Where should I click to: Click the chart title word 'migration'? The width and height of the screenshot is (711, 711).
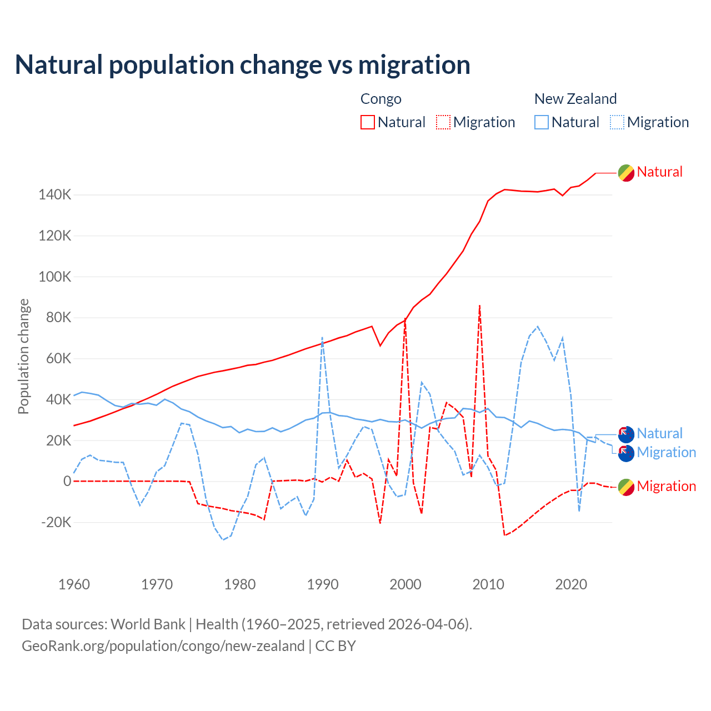pyautogui.click(x=414, y=65)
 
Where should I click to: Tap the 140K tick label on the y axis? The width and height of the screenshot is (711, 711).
pyautogui.click(x=55, y=195)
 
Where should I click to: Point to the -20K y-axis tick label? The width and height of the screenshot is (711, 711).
pyautogui.click(x=56, y=522)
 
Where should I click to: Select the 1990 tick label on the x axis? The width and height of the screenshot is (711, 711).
pyautogui.click(x=323, y=584)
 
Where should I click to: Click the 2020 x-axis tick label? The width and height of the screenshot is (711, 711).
pyautogui.click(x=571, y=584)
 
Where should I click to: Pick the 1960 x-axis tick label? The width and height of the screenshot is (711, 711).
pyautogui.click(x=74, y=584)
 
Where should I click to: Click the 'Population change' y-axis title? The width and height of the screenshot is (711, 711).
pyautogui.click(x=23, y=356)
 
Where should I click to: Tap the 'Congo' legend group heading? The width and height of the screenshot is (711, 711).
pyautogui.click(x=380, y=99)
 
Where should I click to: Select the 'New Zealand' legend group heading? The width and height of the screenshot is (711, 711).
pyautogui.click(x=575, y=99)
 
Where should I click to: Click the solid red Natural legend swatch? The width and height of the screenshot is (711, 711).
pyautogui.click(x=368, y=122)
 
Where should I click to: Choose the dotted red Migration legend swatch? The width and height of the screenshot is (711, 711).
pyautogui.click(x=443, y=122)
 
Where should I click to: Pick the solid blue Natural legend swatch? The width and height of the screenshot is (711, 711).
pyautogui.click(x=542, y=122)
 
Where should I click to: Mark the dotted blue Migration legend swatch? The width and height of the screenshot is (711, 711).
pyautogui.click(x=617, y=122)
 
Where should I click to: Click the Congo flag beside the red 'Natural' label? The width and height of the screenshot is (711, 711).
pyautogui.click(x=626, y=173)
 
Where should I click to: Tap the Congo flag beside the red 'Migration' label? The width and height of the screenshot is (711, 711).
pyautogui.click(x=626, y=487)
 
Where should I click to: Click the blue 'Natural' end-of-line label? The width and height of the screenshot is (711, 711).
pyautogui.click(x=659, y=433)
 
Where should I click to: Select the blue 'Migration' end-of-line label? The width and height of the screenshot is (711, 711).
pyautogui.click(x=666, y=452)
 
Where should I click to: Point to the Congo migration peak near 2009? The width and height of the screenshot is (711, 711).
pyautogui.click(x=479, y=306)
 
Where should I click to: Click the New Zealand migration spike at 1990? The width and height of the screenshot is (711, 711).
pyautogui.click(x=322, y=338)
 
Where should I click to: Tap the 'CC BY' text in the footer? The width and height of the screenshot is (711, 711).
pyautogui.click(x=336, y=646)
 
